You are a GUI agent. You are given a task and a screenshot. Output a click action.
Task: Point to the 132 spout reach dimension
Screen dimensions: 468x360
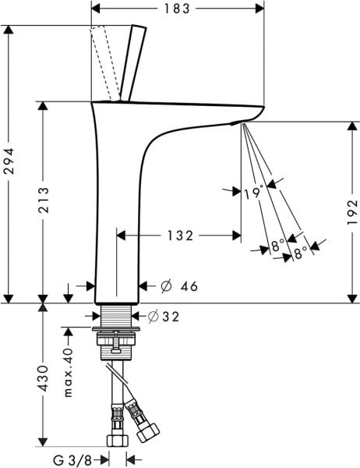point(179,234)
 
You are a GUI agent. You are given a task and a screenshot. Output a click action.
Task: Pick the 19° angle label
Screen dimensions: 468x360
point(253,192)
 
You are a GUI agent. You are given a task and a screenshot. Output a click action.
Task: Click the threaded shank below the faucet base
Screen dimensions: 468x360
point(116,317)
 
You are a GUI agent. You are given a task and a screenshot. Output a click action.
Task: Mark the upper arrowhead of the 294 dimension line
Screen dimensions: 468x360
point(10,30)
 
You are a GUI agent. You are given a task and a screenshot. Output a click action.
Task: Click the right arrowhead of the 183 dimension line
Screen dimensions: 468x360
point(260,9)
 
